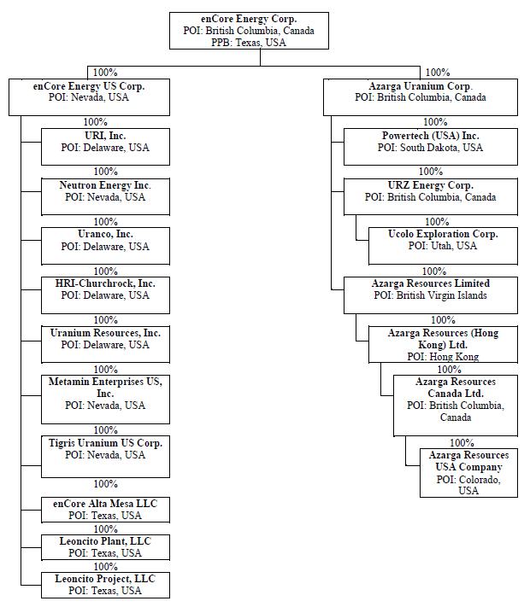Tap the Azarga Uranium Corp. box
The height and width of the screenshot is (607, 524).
point(419,96)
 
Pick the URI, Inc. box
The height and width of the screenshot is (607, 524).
point(105,146)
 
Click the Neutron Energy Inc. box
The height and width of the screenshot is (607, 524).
point(105,196)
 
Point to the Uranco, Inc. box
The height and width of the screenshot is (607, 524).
point(105,245)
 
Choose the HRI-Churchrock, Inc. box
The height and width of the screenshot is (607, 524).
point(105,294)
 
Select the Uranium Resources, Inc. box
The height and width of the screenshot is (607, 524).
point(105,343)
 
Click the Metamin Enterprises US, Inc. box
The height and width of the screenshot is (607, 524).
point(105,398)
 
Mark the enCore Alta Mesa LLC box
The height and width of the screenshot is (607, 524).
point(105,510)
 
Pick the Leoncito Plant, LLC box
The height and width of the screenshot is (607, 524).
point(105,547)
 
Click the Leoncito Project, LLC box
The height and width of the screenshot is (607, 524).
point(105,585)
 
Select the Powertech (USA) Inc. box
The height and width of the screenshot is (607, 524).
point(430,146)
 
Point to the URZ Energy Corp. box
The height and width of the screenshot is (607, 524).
point(430,196)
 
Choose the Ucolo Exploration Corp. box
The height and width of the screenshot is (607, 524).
point(442,245)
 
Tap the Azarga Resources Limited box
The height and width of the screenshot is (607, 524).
point(430,294)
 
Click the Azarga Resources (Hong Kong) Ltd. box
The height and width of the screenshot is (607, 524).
point(442,343)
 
